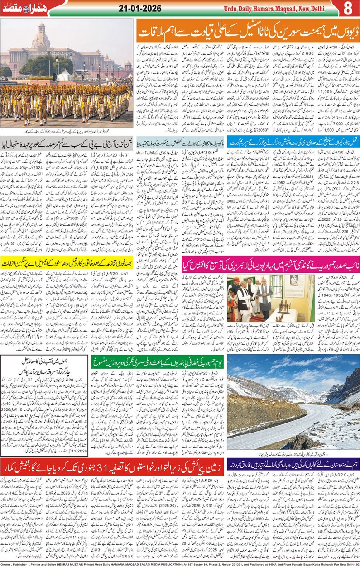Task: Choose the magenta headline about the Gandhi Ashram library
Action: click(270, 266)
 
